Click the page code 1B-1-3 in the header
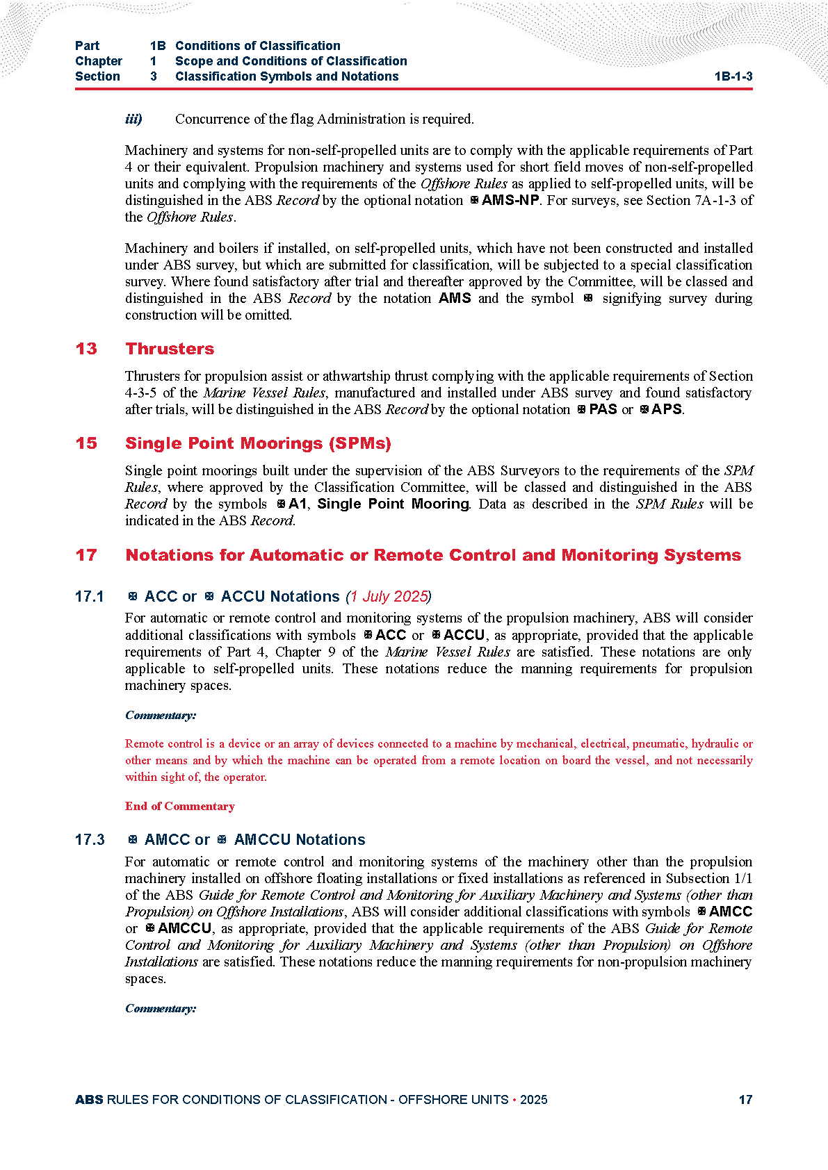tap(733, 77)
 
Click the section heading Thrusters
tap(170, 349)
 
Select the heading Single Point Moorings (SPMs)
tap(258, 443)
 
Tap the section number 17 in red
tap(86, 555)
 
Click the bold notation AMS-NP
tap(510, 201)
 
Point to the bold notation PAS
tap(603, 409)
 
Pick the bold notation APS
tap(667, 409)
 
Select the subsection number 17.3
tap(90, 840)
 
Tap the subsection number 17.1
tap(90, 597)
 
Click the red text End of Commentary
tap(180, 806)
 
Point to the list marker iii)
tap(133, 119)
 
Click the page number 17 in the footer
tap(745, 1100)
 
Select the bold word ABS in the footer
tap(89, 1100)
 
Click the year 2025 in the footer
tap(533, 1100)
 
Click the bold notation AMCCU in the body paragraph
tap(184, 929)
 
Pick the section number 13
tap(86, 349)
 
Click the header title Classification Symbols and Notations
tap(286, 76)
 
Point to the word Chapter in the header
tap(99, 61)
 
